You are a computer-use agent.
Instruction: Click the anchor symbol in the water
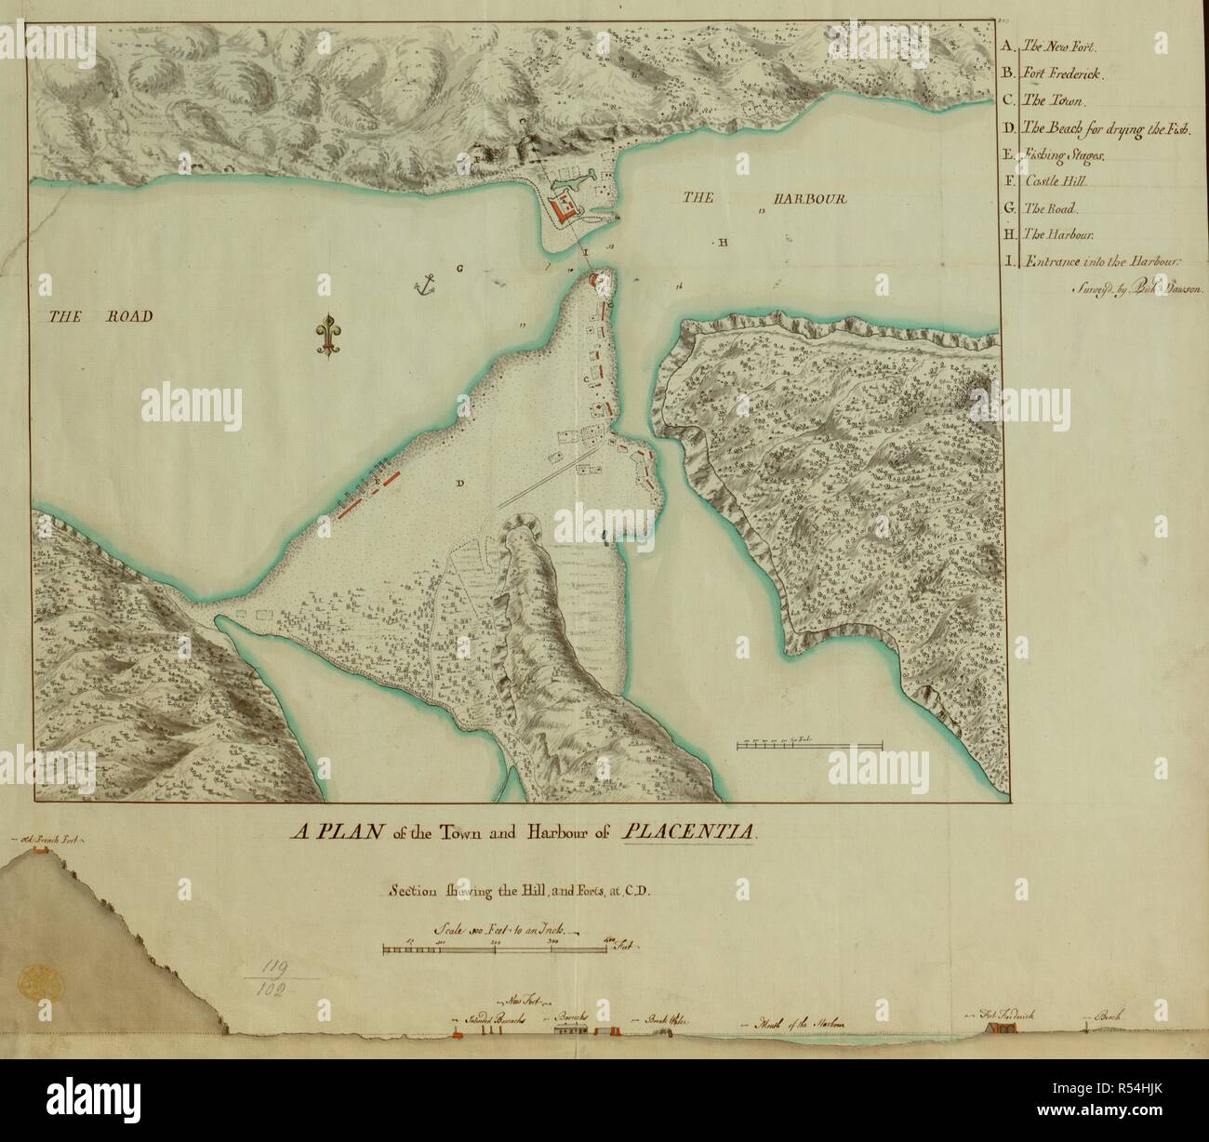(x=426, y=285)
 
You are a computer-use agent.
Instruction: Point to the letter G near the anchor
(x=459, y=269)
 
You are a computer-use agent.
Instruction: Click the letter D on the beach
(x=459, y=483)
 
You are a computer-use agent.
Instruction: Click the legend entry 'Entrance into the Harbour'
(x=1101, y=262)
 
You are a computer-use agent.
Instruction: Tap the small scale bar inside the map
(x=809, y=744)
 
